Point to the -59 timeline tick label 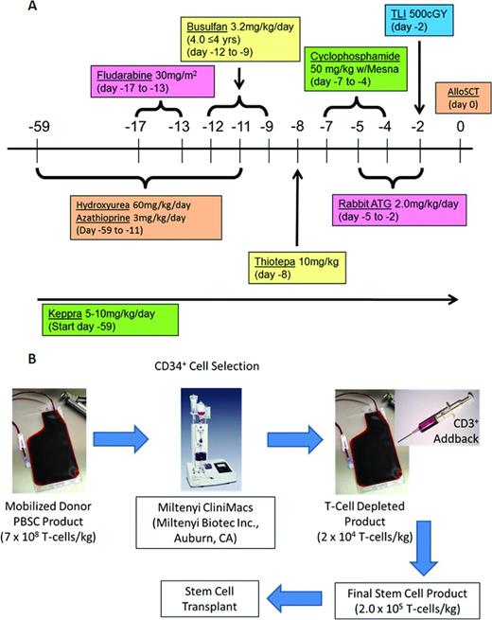point(36,128)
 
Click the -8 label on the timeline point(297,128)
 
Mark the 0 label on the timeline point(460,128)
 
